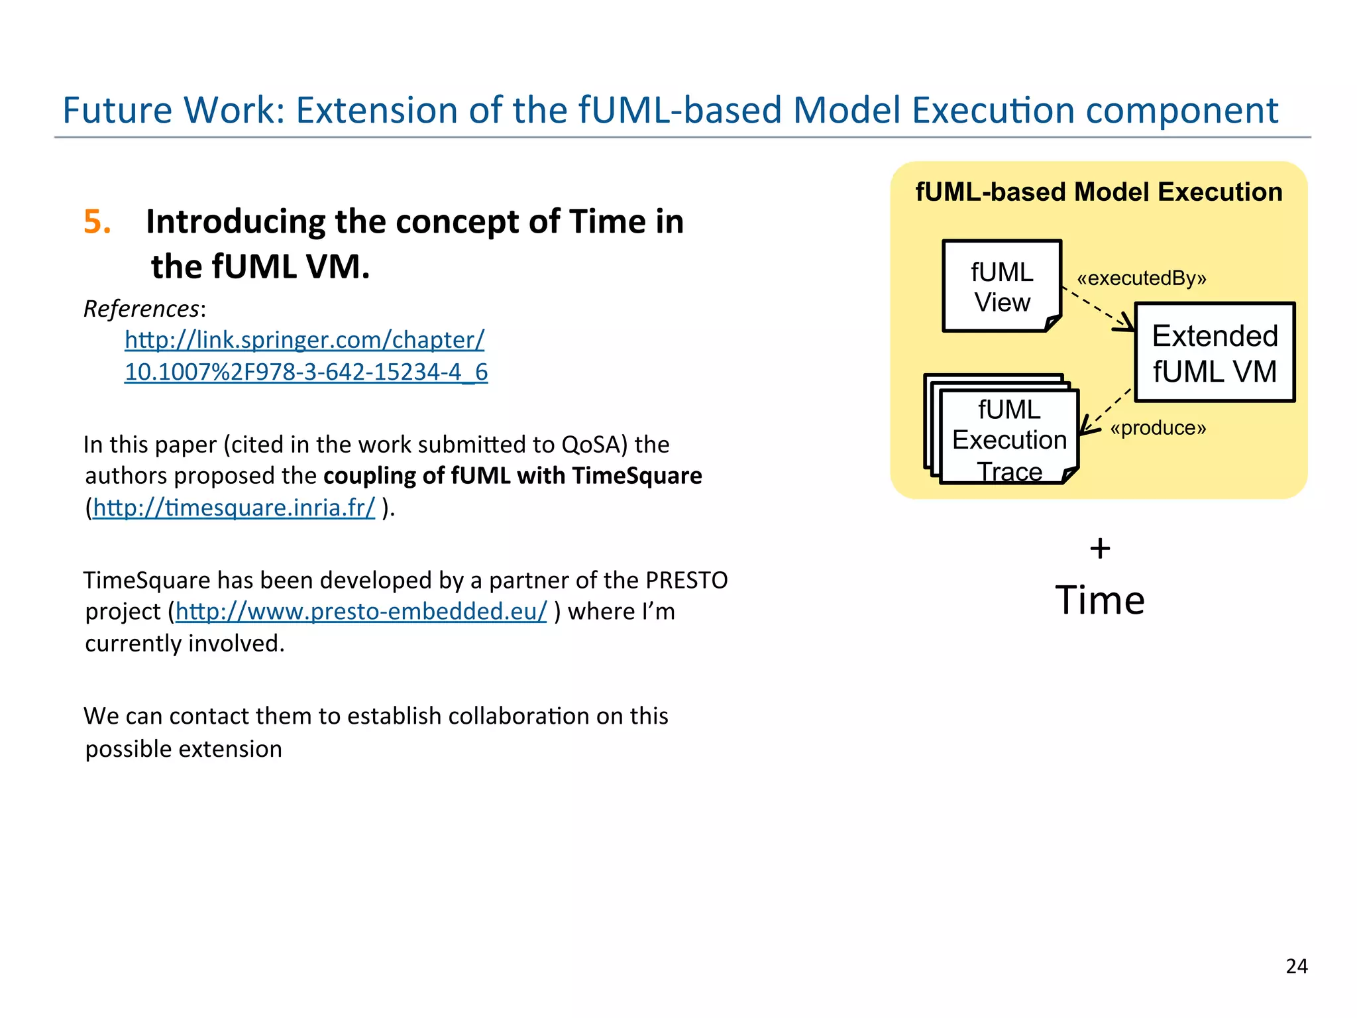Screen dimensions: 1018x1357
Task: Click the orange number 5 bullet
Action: [96, 221]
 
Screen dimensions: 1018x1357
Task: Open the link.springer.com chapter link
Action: [304, 340]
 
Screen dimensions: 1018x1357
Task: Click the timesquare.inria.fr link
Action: [233, 508]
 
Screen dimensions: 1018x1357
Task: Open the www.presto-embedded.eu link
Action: [361, 611]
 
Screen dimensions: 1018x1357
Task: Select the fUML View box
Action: [1001, 286]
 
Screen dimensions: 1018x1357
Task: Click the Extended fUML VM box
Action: [1214, 353]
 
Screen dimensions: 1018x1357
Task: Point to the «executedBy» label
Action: [1141, 278]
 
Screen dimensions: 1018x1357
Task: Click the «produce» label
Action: [1158, 428]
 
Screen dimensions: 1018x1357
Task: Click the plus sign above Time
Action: [1100, 549]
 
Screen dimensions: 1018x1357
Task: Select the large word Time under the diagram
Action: [1100, 600]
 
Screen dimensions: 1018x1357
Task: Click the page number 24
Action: [1296, 966]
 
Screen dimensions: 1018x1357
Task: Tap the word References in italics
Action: [141, 309]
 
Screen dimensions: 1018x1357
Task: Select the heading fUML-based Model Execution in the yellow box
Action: [1099, 192]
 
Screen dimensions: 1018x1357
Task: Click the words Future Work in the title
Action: [173, 110]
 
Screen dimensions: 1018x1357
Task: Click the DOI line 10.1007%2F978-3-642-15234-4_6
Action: [306, 372]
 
